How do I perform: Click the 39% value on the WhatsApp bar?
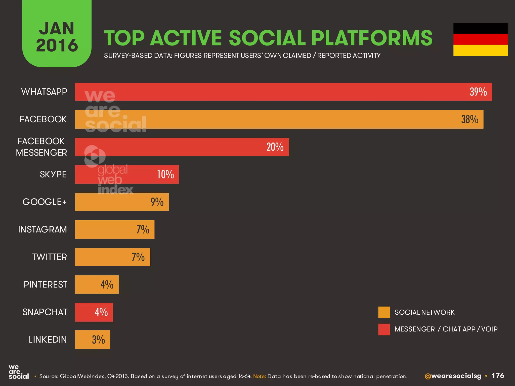pos(478,92)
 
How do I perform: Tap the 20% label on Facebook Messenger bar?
pos(275,147)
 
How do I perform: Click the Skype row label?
pos(53,174)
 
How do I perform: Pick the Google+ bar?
pos(122,202)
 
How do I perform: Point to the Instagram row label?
pos(42,229)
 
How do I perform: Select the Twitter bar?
pos(112,257)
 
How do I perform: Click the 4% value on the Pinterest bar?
pos(107,285)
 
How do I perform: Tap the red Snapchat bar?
pos(94,312)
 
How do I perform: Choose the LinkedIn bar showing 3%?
pos(92,340)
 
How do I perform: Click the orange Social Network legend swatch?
pos(384,312)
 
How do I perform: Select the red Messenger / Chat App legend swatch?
pos(384,329)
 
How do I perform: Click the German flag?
pos(480,39)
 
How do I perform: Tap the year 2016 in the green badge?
pos(57,45)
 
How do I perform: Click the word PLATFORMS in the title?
pos(372,38)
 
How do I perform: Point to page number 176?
pos(498,376)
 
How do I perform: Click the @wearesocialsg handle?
pos(453,376)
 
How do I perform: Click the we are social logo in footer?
pos(18,372)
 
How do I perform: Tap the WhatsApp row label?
pos(44,92)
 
